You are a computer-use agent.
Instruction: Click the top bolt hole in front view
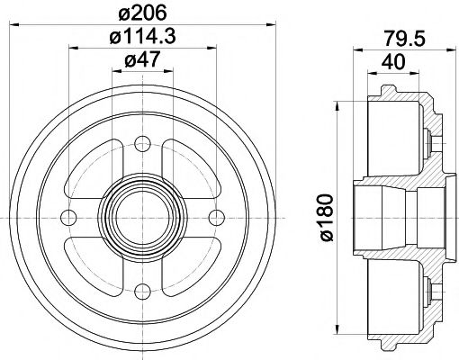(141, 141)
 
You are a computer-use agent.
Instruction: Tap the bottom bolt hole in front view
(141, 289)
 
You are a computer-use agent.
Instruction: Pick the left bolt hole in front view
(67, 215)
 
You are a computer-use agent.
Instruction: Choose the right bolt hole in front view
(215, 215)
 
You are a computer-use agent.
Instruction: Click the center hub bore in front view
(141, 215)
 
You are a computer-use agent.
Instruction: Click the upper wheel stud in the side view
(431, 139)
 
